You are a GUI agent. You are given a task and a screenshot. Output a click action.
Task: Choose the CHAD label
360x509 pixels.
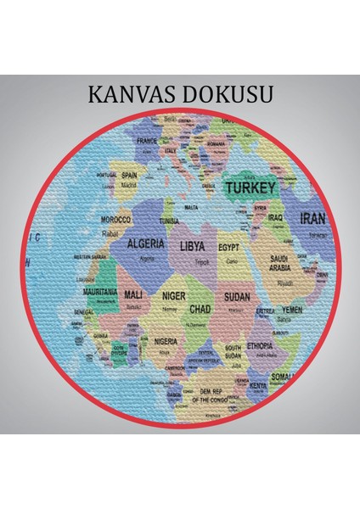coord(200,310)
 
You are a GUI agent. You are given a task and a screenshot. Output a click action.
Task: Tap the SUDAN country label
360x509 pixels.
coord(237,297)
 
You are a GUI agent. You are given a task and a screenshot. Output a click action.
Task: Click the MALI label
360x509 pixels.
coord(133,294)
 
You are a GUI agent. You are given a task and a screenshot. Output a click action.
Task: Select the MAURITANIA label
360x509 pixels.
coord(101,291)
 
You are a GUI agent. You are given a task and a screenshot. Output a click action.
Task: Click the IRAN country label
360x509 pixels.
coord(313,218)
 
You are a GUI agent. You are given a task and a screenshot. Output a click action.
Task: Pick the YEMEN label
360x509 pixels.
coord(292,310)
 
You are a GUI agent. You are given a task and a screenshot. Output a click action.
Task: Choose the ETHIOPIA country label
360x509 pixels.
coord(260,345)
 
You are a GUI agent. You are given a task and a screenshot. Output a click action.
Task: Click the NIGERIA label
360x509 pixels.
coord(166,341)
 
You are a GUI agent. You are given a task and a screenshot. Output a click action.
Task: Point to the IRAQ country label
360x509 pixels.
coord(275,217)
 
